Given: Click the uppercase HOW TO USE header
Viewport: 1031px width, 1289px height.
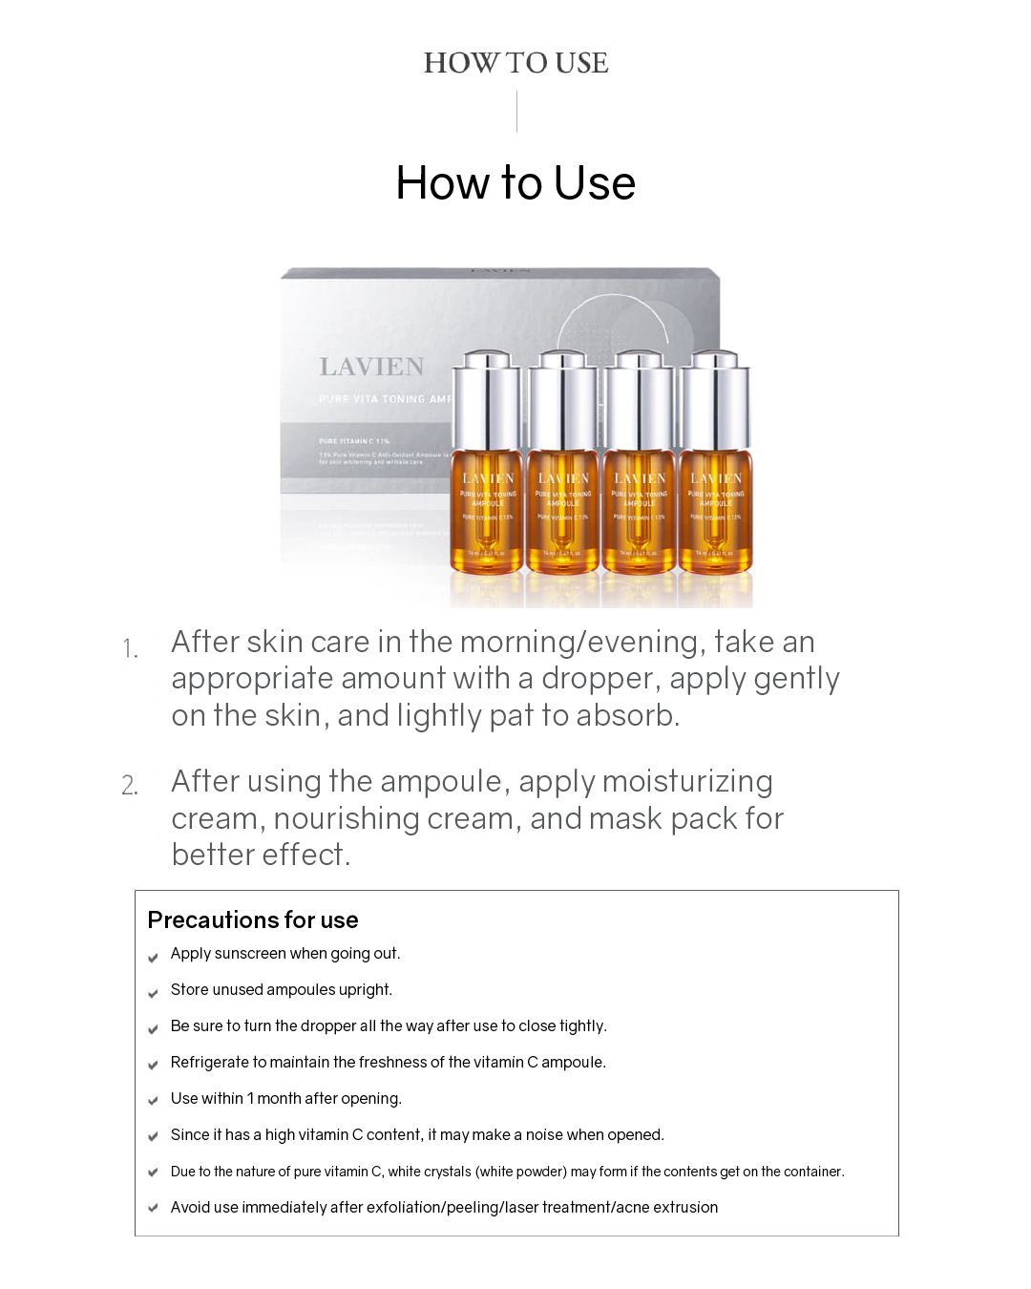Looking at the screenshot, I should click(x=515, y=63).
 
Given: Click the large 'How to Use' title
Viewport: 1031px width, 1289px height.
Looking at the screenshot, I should click(x=515, y=182).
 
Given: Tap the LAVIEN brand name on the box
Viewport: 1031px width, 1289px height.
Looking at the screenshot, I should click(x=371, y=367).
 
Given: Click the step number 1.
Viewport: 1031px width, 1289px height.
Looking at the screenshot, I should click(x=130, y=650).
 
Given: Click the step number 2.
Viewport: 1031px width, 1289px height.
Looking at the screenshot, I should click(x=130, y=787).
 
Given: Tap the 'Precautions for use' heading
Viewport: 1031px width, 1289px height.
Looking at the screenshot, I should click(x=253, y=919).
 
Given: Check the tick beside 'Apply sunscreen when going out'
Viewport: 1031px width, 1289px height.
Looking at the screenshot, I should click(x=153, y=957).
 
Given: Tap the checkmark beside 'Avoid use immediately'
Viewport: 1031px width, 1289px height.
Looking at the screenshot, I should click(x=153, y=1209).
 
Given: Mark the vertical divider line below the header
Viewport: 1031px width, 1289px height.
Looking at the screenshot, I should click(x=516, y=112).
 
